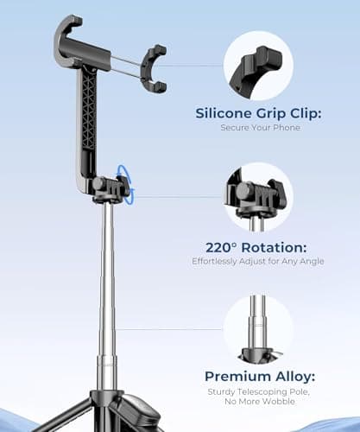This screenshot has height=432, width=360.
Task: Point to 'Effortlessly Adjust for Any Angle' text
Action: pyautogui.click(x=258, y=261)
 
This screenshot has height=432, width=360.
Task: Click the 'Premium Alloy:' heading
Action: pyautogui.click(x=258, y=376)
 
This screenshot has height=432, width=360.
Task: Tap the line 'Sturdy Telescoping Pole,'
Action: pyautogui.click(x=258, y=392)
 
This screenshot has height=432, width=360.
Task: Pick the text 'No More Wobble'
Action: pyautogui.click(x=258, y=403)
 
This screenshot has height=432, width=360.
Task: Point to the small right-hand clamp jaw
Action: pyautogui.click(x=155, y=68)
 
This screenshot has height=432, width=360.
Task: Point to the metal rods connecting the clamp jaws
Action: pyautogui.click(x=127, y=64)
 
